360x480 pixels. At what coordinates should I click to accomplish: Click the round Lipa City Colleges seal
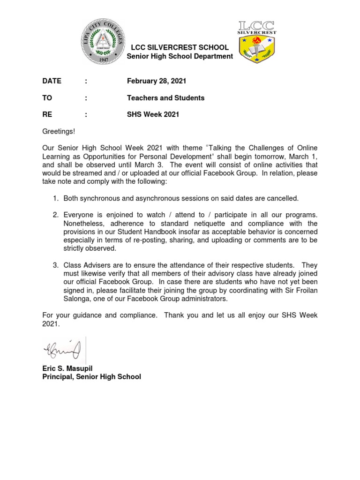pos(104,43)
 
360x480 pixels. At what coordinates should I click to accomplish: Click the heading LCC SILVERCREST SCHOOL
pos(180,47)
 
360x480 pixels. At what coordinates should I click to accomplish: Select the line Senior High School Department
pos(180,56)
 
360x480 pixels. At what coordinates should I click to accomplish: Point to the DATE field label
pos(52,81)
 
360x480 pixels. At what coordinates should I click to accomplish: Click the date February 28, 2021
pos(156,81)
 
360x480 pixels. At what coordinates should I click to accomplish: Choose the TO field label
pos(47,98)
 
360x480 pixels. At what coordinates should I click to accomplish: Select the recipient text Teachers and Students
pos(165,98)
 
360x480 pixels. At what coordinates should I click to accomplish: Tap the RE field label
pos(47,115)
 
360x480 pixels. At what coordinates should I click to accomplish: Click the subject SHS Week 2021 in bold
pos(153,115)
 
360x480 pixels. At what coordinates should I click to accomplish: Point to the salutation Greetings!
pos(58,132)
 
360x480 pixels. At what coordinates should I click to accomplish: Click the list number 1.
pos(55,198)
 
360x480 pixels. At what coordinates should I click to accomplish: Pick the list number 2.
pos(55,215)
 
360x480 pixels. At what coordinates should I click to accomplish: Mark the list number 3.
pos(55,266)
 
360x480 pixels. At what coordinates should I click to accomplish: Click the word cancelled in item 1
pos(283,198)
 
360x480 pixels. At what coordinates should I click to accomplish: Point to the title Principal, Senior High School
pos(91,377)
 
